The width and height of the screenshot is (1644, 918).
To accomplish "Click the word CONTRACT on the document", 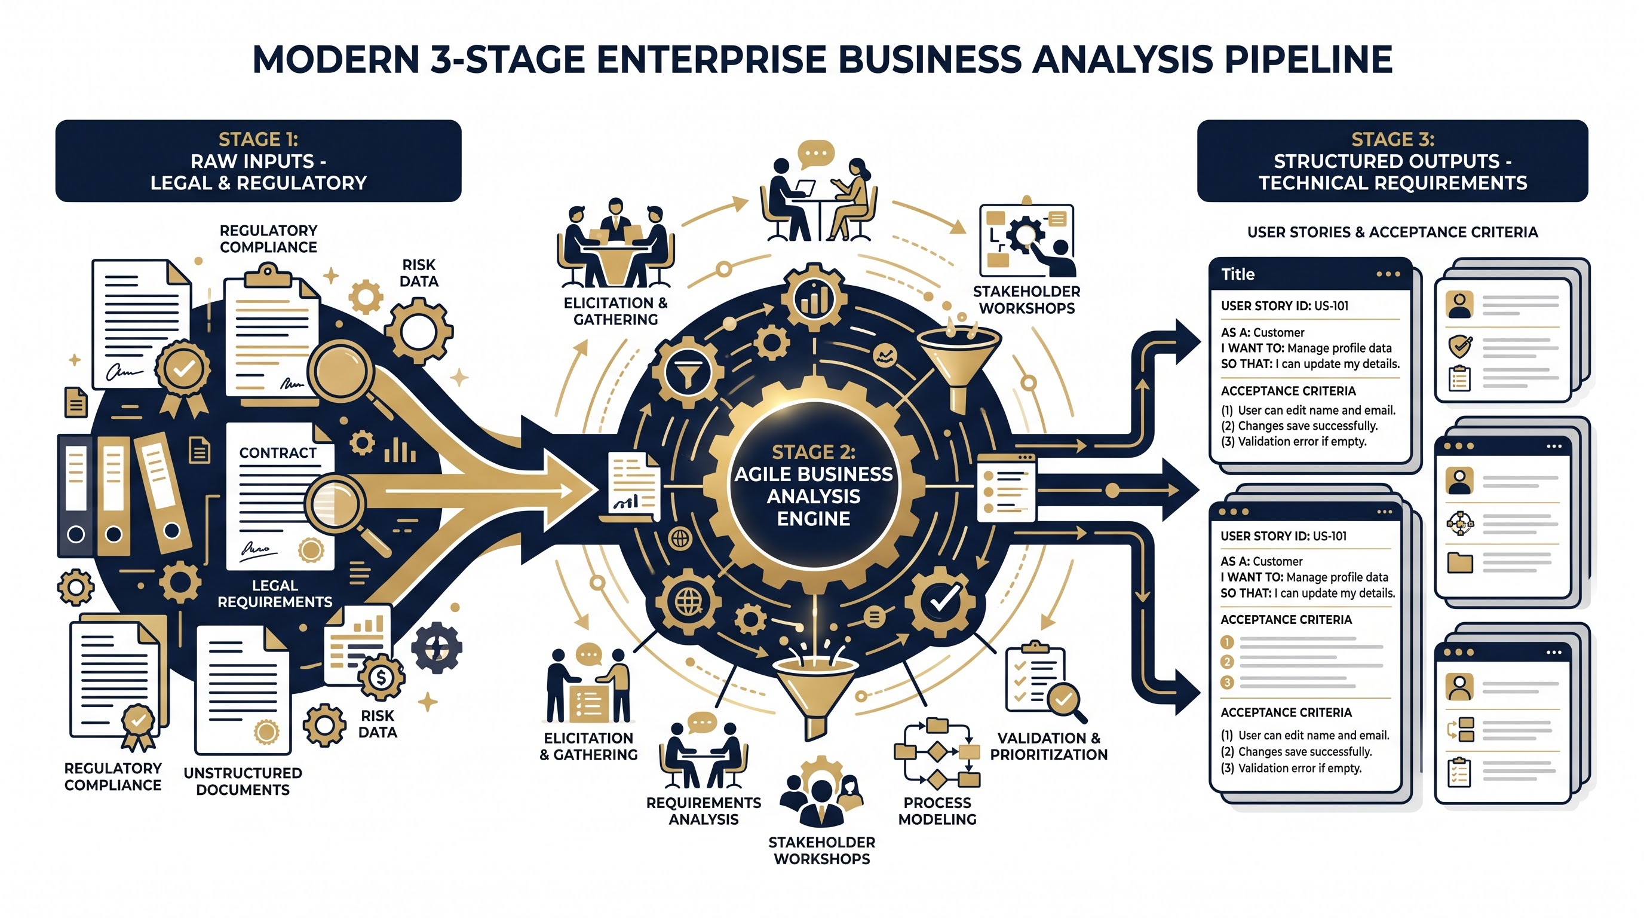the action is pyautogui.click(x=278, y=452).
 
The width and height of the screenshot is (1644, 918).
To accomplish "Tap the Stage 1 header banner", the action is pyautogui.click(x=259, y=161).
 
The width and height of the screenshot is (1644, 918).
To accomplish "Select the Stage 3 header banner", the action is pyautogui.click(x=1393, y=161).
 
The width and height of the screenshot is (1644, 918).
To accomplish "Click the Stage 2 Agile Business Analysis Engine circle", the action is pyautogui.click(x=814, y=485).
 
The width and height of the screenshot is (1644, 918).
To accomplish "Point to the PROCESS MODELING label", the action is pyautogui.click(x=937, y=811).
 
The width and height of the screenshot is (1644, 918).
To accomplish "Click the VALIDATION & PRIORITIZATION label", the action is pyautogui.click(x=1048, y=746).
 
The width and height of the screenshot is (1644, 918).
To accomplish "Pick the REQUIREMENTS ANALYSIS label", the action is pyautogui.click(x=703, y=811).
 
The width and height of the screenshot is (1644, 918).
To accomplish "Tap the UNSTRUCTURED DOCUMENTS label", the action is pyautogui.click(x=243, y=781).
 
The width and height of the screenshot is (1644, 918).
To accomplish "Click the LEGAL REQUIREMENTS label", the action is pyautogui.click(x=275, y=593).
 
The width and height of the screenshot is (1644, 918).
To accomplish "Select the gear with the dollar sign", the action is pyautogui.click(x=381, y=677).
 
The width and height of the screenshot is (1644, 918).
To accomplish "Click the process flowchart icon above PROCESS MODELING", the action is pyautogui.click(x=937, y=754).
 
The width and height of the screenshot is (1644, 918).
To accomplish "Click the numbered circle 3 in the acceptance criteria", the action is pyautogui.click(x=1226, y=683).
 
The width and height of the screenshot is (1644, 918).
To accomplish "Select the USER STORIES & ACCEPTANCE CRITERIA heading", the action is pyautogui.click(x=1393, y=232).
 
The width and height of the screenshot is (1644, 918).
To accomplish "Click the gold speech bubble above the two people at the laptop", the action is pyautogui.click(x=816, y=154).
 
